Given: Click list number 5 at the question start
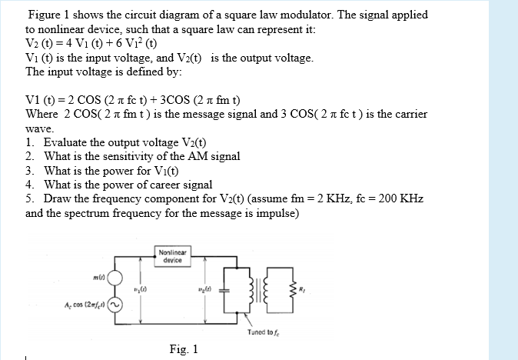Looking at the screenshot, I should (28, 198).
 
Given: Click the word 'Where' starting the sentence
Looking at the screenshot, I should (42, 114).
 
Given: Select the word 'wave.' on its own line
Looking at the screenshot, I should (39, 130).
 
